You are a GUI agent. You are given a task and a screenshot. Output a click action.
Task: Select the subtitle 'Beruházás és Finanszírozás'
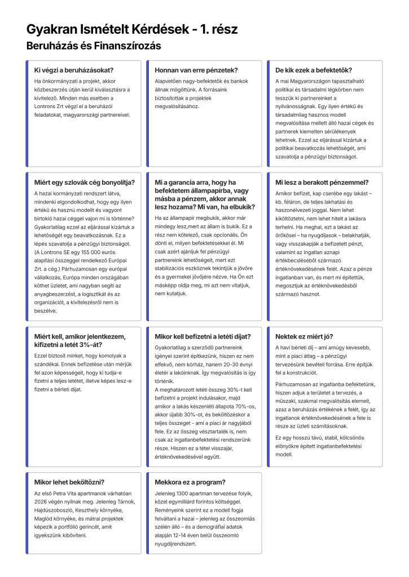(x=94, y=46)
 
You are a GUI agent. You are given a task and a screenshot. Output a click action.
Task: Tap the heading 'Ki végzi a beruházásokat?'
(x=74, y=70)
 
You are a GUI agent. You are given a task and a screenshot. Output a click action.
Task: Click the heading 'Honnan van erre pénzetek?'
(x=196, y=70)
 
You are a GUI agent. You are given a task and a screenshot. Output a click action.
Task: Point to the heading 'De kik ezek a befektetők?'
(x=313, y=70)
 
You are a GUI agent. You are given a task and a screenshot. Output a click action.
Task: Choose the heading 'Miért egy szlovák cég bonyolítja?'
(x=85, y=183)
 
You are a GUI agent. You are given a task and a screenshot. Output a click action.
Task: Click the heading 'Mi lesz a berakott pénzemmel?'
(x=322, y=183)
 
